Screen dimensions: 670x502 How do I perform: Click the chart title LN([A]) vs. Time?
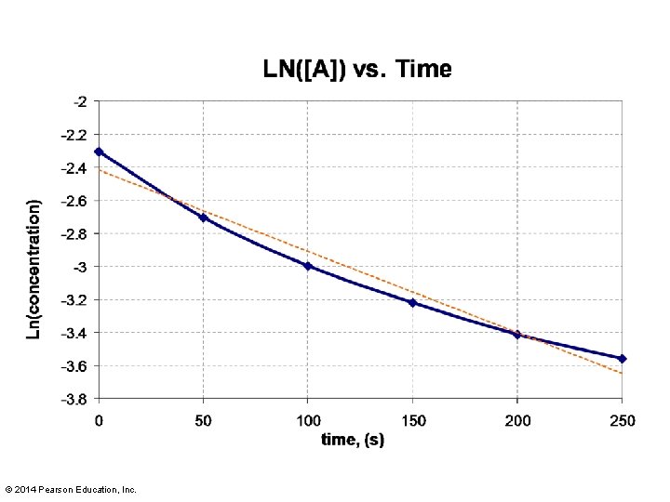pos(357,69)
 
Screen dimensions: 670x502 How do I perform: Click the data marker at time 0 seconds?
pos(99,152)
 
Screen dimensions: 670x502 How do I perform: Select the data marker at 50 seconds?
pos(204,218)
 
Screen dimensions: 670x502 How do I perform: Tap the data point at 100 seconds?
pos(308,266)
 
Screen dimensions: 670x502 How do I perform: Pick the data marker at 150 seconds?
pos(412,303)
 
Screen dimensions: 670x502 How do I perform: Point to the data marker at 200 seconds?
pos(517,335)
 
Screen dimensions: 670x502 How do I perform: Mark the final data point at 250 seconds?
pos(623,359)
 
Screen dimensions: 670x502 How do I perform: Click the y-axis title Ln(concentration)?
pos(33,270)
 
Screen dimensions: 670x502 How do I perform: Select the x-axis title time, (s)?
pos(353,439)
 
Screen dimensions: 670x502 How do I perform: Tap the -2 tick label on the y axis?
pos(80,101)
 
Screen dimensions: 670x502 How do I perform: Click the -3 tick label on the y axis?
pos(80,267)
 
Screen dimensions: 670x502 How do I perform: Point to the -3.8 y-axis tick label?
pos(74,400)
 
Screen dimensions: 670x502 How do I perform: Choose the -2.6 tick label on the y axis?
pos(74,201)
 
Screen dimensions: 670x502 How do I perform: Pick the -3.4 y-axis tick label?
pos(74,333)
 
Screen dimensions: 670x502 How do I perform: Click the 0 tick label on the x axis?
pos(99,421)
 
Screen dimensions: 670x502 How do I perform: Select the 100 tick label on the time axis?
pos(308,421)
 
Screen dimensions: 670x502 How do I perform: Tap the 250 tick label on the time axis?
pos(623,421)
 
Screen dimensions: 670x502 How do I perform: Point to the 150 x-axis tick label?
pos(413,421)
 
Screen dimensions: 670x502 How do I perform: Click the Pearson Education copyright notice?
pos(71,490)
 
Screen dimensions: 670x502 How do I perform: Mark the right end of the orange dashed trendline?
pos(623,374)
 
